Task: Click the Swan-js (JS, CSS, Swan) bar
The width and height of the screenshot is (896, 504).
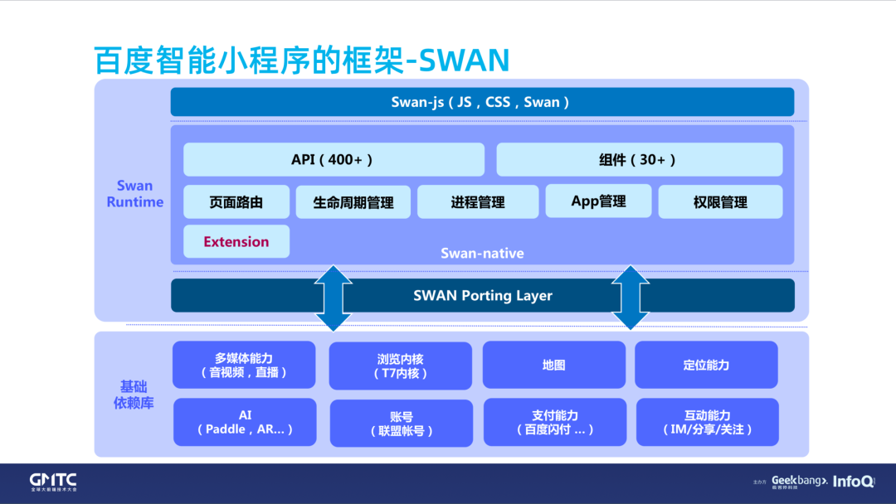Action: point(481,102)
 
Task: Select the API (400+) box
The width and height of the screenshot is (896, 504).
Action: point(333,159)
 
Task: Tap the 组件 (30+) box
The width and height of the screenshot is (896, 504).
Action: point(639,159)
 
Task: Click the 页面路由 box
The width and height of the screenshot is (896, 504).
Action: point(236,201)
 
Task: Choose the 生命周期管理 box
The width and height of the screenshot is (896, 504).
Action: point(353,201)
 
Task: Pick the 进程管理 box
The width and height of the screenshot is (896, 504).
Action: point(478,201)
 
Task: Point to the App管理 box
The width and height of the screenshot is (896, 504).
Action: point(598,201)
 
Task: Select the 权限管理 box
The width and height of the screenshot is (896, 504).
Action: point(720,201)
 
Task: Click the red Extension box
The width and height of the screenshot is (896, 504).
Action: point(236,241)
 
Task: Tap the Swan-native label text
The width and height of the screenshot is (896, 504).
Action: point(482,253)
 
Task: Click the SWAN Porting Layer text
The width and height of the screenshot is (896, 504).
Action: point(482,295)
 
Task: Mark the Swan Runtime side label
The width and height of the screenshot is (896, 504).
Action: point(134,194)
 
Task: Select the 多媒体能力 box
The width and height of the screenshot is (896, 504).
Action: point(244,365)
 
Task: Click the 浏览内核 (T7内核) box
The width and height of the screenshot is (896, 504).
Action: point(400,366)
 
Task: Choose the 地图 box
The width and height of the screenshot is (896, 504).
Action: point(553,365)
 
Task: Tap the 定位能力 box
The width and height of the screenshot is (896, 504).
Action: point(706,365)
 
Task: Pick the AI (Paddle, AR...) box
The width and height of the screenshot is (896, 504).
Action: point(245,422)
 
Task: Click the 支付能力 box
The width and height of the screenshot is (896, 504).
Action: point(554,422)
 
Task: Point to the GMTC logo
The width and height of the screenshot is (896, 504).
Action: point(53,482)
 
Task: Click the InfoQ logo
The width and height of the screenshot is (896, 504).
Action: point(853,481)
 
